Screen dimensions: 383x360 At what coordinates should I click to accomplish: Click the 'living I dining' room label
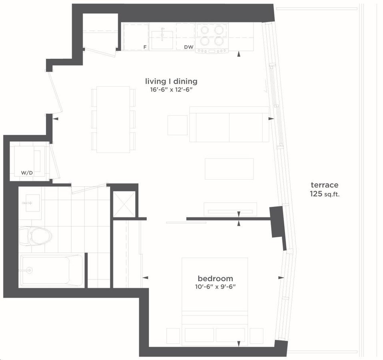click(171, 81)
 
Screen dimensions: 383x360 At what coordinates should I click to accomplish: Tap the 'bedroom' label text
click(215, 278)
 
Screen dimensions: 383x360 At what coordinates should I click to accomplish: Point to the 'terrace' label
click(324, 185)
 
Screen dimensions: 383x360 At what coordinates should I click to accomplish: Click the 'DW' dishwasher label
click(189, 47)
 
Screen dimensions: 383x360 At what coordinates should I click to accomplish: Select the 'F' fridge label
click(145, 47)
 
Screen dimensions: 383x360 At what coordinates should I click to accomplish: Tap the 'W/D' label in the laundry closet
click(27, 173)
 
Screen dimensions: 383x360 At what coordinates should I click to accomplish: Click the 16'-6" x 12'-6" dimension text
click(171, 90)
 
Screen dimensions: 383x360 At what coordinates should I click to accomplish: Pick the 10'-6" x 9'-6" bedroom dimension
click(215, 286)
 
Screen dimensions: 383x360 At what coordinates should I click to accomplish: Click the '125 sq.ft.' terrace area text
click(325, 194)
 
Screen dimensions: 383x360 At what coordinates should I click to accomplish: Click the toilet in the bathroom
click(36, 236)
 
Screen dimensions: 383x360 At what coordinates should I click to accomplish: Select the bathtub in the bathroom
click(51, 270)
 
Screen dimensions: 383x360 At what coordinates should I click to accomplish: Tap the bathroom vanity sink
click(33, 203)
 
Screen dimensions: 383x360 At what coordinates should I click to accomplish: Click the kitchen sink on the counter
click(162, 40)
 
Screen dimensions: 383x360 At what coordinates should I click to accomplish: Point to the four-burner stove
click(212, 38)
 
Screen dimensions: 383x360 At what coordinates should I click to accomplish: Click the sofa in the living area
click(229, 124)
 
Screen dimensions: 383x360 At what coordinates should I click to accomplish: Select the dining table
click(113, 120)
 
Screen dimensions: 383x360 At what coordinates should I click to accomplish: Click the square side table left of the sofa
click(178, 125)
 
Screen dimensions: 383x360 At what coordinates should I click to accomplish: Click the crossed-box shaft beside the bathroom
click(124, 204)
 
